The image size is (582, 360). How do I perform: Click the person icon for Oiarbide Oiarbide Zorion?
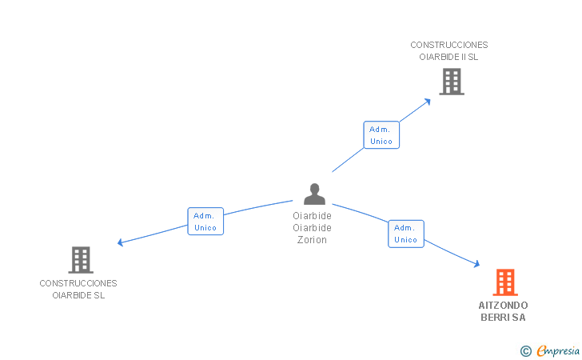[314, 194]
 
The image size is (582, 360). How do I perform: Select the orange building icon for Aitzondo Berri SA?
[504, 282]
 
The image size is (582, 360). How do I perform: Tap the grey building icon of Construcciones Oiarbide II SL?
[451, 82]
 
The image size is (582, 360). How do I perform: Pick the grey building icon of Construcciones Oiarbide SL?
[80, 260]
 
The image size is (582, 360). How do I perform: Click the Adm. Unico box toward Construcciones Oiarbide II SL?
[381, 135]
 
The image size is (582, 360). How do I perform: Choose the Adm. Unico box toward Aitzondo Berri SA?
[405, 234]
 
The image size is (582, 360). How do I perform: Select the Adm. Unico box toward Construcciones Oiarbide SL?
[205, 222]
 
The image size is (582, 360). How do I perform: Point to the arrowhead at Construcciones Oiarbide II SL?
[428, 100]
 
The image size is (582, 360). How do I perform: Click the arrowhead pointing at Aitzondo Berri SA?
[476, 264]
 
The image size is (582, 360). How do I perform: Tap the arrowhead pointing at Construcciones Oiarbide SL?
[121, 242]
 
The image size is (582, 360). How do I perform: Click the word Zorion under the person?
[312, 240]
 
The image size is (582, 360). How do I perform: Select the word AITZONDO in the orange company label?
[503, 306]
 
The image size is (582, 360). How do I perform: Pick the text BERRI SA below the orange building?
[503, 318]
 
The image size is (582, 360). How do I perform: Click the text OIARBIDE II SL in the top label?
[448, 57]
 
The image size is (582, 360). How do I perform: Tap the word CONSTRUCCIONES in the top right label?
[448, 46]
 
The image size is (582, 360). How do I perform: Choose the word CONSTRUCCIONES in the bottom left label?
[78, 283]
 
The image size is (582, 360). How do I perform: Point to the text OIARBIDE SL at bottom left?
[78, 295]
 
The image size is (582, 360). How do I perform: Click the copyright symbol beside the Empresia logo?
[525, 350]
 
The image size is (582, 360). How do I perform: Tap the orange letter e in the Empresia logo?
[541, 351]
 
